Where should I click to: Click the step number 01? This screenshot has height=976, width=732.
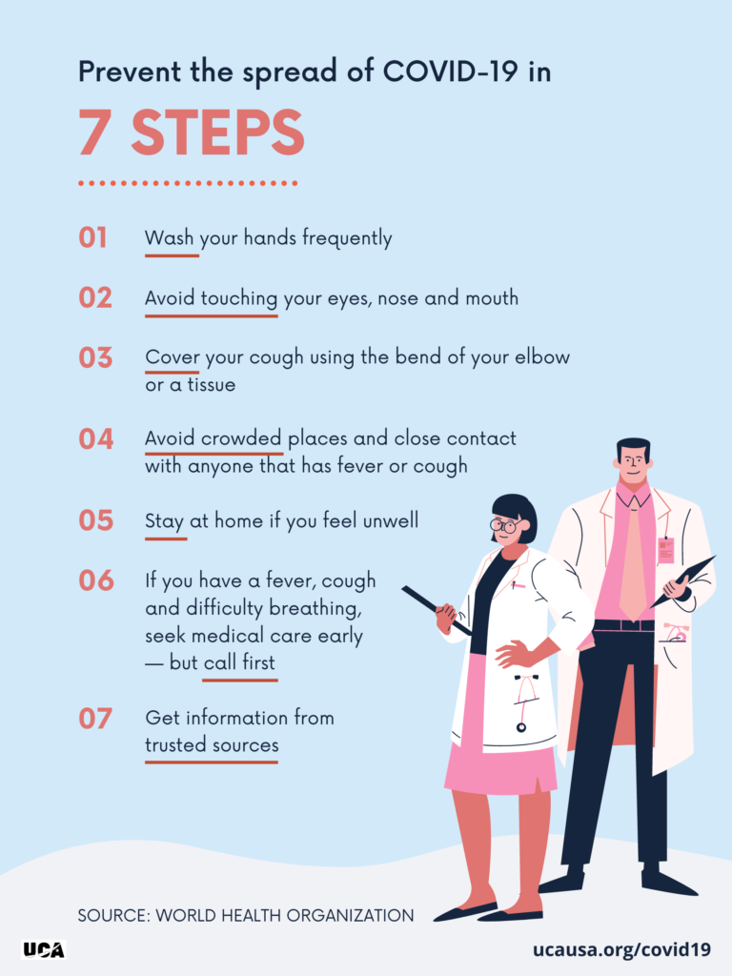point(92,237)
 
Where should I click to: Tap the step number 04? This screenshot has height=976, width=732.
point(96,438)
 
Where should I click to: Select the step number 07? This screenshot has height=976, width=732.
point(95,719)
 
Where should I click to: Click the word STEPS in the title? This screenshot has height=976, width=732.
point(217,132)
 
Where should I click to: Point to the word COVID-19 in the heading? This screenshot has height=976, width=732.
point(450,71)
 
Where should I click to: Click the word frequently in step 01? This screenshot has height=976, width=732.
point(347,238)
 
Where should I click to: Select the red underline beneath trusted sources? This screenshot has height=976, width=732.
point(212,762)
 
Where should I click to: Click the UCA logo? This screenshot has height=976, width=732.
point(44,950)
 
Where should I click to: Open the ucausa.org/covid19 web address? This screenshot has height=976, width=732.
point(621,949)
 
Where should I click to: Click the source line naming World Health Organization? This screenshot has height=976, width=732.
point(246,915)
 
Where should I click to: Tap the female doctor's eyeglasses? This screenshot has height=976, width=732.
point(507,526)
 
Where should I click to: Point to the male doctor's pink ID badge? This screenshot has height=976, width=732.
point(666,550)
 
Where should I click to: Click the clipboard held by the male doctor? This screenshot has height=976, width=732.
point(682,582)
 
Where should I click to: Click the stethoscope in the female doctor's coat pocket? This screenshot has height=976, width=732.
point(523,701)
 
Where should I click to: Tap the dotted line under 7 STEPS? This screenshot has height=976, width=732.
point(188,183)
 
